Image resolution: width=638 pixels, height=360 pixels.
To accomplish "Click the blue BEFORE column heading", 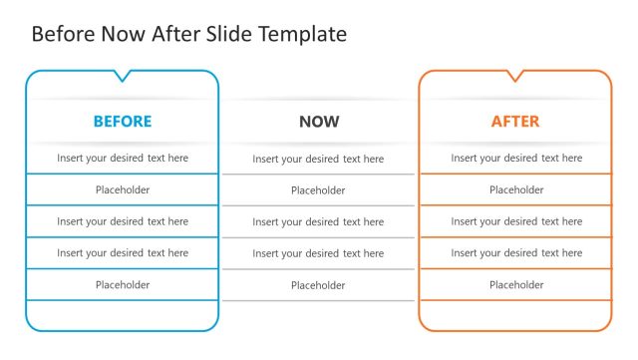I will [123, 122].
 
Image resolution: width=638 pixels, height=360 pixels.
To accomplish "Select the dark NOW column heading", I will [319, 122].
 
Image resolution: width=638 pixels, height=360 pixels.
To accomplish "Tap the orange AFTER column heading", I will [515, 122].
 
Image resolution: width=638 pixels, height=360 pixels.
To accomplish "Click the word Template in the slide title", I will [302, 34].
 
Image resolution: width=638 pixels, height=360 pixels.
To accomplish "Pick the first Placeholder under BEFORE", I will [123, 189].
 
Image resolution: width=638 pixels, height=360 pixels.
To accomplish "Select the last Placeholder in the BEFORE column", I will [123, 285].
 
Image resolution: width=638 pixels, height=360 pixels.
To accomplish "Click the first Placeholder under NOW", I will [318, 190].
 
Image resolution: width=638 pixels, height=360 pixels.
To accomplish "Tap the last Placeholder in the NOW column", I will [318, 286].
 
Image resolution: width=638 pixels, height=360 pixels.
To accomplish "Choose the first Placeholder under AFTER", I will [516, 189].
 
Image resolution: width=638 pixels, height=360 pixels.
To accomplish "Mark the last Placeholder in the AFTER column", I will [516, 285].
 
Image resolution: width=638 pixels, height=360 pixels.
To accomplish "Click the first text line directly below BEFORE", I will [123, 158].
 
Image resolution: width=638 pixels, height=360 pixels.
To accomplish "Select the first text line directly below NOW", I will [318, 159].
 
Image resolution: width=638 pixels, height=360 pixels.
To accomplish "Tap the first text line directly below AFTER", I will [516, 158].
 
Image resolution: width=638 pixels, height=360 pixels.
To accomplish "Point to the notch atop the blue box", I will [122, 76].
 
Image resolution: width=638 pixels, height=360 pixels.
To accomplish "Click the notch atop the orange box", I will [515, 76].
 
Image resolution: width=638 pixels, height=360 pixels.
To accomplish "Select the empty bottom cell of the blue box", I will [123, 315].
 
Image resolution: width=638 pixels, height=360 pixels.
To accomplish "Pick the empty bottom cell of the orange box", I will [515, 315].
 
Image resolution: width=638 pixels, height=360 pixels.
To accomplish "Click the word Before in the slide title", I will [66, 34].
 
